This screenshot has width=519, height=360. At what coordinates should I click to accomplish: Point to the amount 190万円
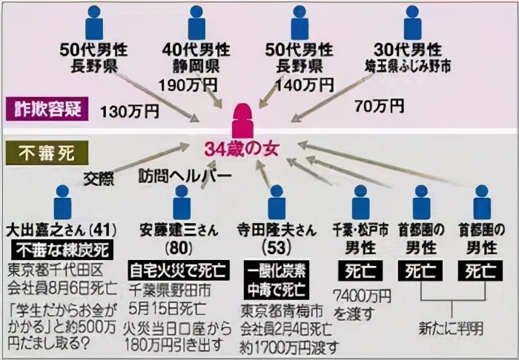[x=185, y=84]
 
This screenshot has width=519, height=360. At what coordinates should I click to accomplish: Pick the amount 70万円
[x=379, y=106]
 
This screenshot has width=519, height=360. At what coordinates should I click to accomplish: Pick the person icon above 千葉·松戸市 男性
[x=360, y=203]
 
